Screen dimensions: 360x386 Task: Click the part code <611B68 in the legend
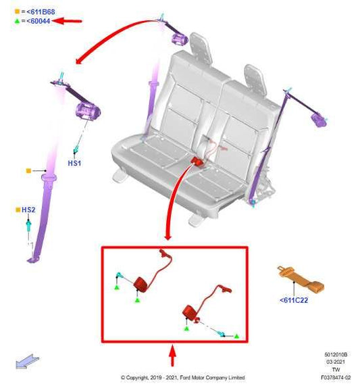(41, 11)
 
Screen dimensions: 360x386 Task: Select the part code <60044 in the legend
(38, 21)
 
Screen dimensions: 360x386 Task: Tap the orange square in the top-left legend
(17, 11)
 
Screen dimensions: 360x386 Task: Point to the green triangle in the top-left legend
(17, 21)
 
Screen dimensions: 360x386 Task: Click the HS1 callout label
(74, 163)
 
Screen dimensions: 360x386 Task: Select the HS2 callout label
(28, 210)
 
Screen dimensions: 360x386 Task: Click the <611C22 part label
(294, 300)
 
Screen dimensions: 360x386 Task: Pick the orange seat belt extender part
(301, 279)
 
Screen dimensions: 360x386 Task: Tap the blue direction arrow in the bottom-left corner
(27, 361)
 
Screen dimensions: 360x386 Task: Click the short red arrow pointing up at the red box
(173, 355)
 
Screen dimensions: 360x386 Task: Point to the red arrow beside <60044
(67, 21)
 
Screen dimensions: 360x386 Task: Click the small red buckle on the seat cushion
(197, 161)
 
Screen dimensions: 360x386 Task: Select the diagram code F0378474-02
(336, 377)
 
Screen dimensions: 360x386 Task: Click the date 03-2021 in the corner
(336, 362)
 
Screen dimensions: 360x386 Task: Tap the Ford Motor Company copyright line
(183, 377)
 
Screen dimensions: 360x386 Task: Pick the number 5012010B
(336, 354)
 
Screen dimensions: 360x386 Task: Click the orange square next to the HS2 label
(18, 210)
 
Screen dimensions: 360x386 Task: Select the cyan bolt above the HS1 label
(76, 149)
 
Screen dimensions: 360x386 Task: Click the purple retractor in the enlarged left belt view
(88, 112)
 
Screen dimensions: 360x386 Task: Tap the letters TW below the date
(336, 370)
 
